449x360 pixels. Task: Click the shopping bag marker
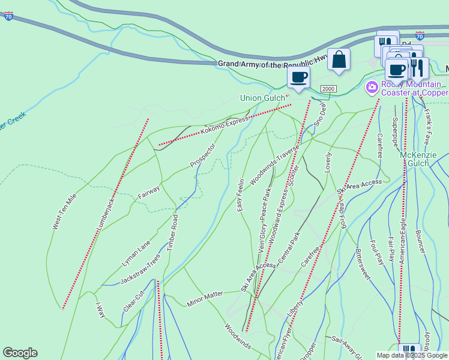click(x=339, y=60)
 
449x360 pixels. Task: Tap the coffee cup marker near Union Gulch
click(x=298, y=77)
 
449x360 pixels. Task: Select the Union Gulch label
click(x=262, y=98)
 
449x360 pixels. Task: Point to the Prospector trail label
click(x=202, y=155)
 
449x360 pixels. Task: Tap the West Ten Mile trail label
click(x=64, y=211)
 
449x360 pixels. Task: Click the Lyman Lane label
click(x=136, y=254)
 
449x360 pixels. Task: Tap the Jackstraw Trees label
click(x=140, y=272)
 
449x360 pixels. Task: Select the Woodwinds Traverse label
click(x=274, y=163)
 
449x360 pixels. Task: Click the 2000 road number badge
click(x=328, y=89)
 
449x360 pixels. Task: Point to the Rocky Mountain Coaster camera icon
click(x=372, y=88)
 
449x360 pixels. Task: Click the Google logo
click(x=20, y=353)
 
